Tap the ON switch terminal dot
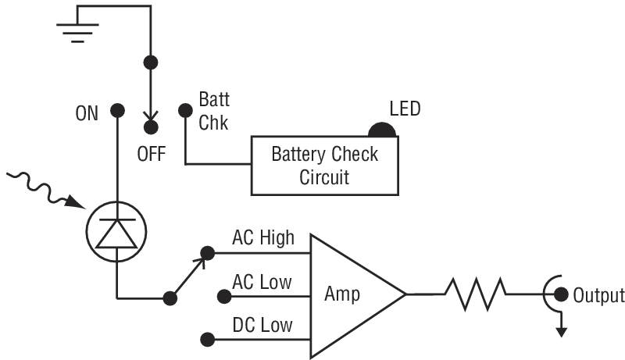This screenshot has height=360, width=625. click(117, 111)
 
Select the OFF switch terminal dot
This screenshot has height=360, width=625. click(152, 125)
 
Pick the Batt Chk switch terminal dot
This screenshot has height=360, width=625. click(185, 111)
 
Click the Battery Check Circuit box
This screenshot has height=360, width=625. click(323, 165)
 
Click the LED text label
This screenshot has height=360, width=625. click(405, 109)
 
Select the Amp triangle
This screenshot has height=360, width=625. click(352, 295)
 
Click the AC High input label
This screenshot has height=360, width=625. click(263, 237)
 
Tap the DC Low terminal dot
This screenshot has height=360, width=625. click(208, 339)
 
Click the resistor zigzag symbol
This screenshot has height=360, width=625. click(475, 295)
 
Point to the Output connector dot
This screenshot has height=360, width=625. click(560, 295)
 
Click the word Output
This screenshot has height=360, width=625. click(598, 296)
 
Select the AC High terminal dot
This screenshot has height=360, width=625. click(208, 252)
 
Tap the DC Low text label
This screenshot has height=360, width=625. click(263, 324)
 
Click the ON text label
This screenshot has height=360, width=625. click(87, 114)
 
